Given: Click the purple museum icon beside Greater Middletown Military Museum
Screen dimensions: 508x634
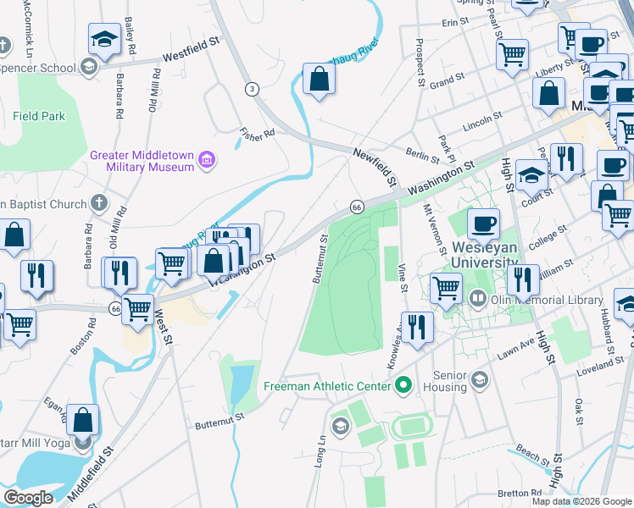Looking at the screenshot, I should click(206, 159).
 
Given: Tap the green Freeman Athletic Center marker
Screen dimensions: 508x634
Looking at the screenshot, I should click(403, 386).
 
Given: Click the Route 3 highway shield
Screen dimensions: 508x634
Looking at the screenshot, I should click(252, 89).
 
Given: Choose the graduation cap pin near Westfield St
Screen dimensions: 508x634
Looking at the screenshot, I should click(104, 39).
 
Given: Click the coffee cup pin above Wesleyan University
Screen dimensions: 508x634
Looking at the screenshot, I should click(483, 224).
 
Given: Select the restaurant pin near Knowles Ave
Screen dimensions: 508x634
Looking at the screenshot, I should click(416, 326).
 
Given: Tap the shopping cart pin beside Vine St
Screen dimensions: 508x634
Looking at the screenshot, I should click(446, 286).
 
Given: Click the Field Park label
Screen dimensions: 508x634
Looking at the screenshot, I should click(39, 116).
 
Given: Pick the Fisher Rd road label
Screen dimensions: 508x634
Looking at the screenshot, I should click(258, 134).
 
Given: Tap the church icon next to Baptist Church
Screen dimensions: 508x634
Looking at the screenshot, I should click(99, 203).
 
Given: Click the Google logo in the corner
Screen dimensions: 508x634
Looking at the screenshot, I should click(29, 498).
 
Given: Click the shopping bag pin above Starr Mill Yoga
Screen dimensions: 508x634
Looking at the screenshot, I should click(83, 419).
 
